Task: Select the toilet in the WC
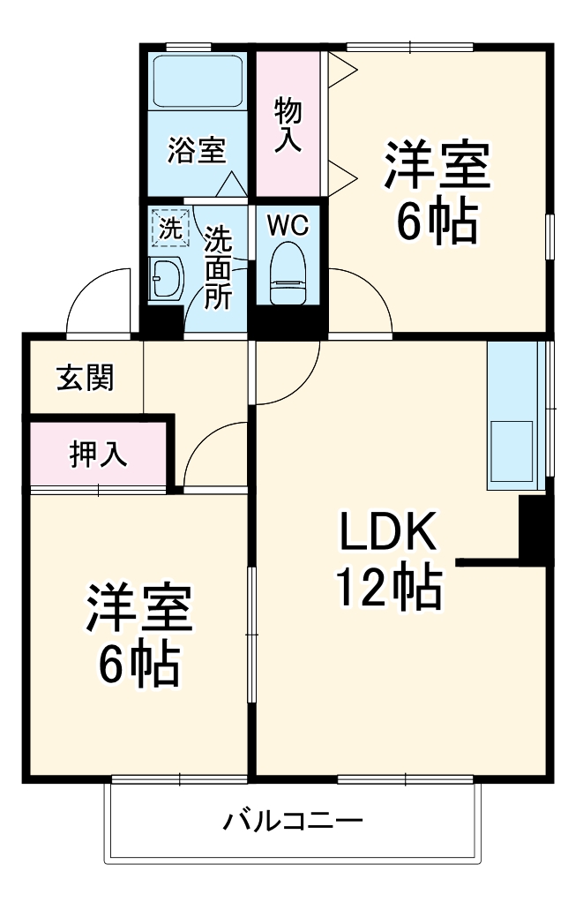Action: [x=288, y=274]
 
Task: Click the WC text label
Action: [x=288, y=226]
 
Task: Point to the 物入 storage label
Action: [x=288, y=124]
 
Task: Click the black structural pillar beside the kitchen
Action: [x=535, y=528]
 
